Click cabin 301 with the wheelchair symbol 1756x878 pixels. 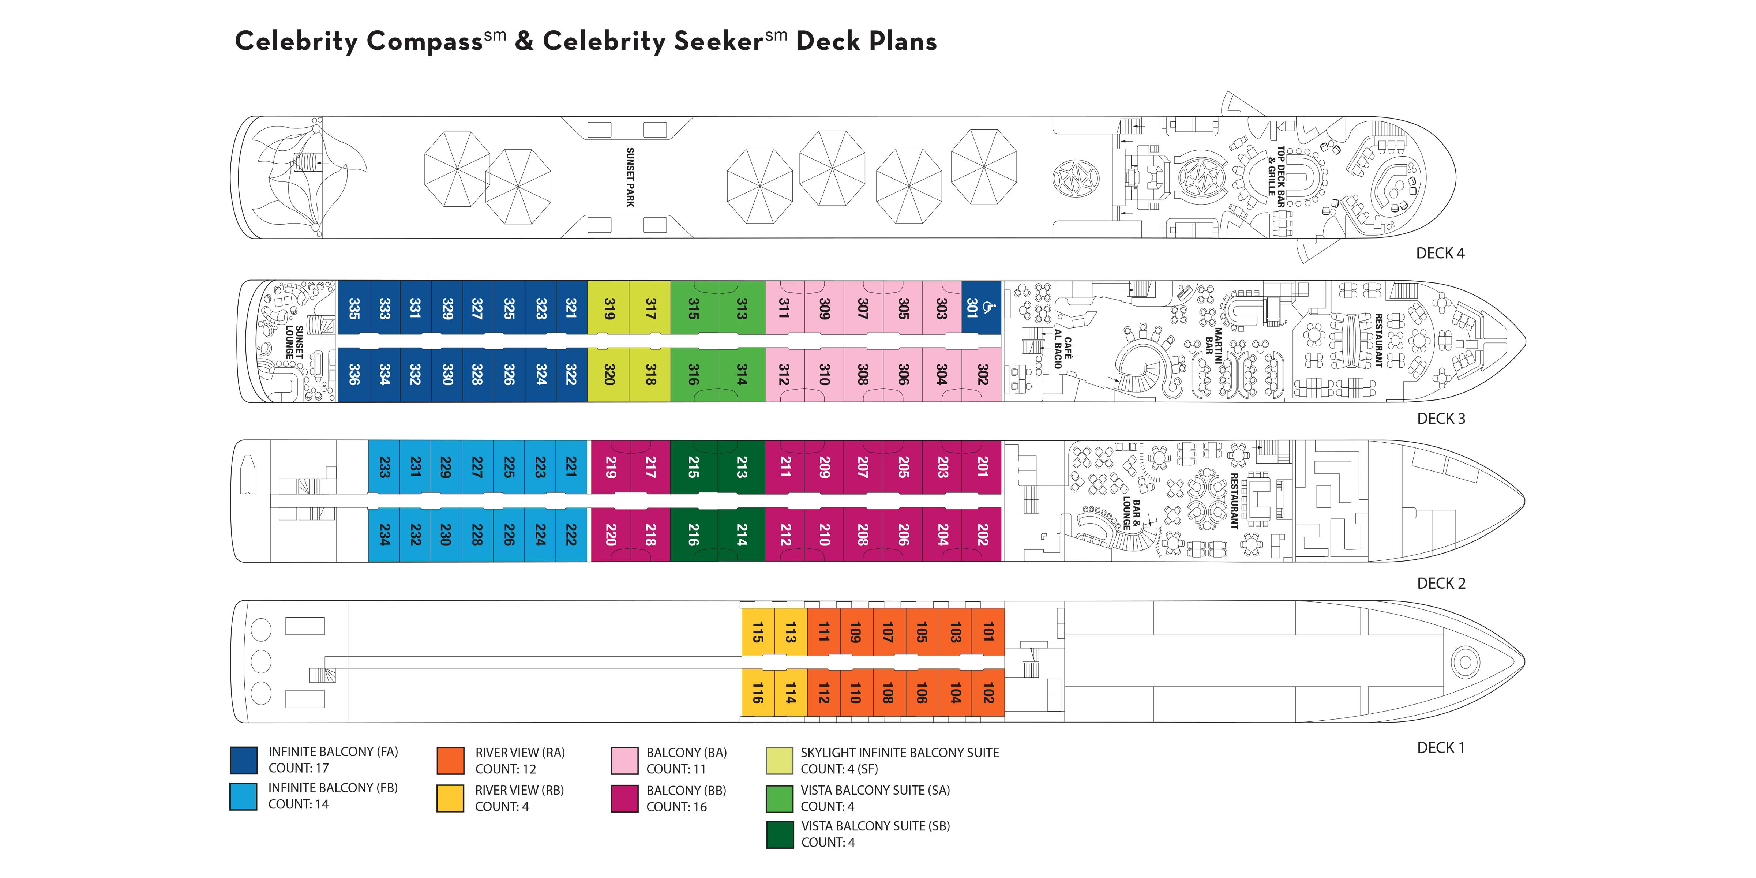(x=981, y=308)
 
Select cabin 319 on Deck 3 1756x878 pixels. (x=609, y=308)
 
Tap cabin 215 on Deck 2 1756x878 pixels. (x=693, y=468)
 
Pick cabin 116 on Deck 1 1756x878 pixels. (x=757, y=693)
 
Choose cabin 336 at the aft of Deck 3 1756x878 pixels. (x=354, y=374)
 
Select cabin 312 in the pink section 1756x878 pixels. (x=785, y=374)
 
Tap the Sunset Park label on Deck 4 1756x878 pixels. (x=630, y=177)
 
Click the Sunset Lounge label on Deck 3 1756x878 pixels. (x=294, y=342)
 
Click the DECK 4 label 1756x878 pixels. (x=1440, y=254)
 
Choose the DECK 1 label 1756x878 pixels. (x=1440, y=748)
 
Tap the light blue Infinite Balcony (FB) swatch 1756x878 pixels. (x=243, y=796)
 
